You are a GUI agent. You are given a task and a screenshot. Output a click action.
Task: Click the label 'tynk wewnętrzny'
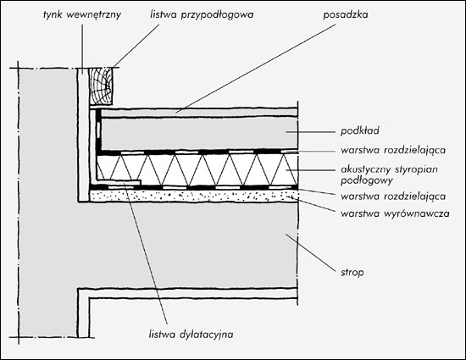coord(82,14)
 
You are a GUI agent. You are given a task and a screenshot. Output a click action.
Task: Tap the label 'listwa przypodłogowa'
coord(202,14)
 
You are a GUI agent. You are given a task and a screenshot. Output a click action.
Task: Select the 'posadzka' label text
coord(346,14)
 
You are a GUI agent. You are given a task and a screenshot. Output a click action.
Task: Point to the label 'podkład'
coord(360,131)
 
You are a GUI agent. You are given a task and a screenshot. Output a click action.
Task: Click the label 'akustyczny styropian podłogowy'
coord(390,174)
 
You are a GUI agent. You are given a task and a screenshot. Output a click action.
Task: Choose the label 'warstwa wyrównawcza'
coord(395,213)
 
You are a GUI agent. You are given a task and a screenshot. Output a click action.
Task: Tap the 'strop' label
coord(352,273)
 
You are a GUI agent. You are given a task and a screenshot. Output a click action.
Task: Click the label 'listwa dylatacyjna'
coord(191,335)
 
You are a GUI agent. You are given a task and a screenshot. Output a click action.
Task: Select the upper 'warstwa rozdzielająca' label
coord(393,150)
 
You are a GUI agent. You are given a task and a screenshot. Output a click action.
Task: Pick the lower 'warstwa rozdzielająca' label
coord(393,197)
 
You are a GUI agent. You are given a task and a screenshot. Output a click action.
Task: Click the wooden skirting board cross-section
coord(101,86)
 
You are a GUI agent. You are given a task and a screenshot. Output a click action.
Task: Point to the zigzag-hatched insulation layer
coord(197,169)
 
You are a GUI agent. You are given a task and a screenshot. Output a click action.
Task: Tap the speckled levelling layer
coord(194,196)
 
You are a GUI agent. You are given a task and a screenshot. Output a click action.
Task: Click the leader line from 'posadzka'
coord(255,69)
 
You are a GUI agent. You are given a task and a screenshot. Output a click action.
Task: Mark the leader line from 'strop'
coord(311,252)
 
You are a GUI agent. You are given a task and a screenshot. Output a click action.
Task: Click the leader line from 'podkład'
coord(311,131)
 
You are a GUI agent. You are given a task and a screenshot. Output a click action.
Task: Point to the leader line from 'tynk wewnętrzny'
coord(82,49)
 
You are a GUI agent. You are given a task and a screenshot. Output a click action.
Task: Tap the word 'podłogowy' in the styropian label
coord(367,180)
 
